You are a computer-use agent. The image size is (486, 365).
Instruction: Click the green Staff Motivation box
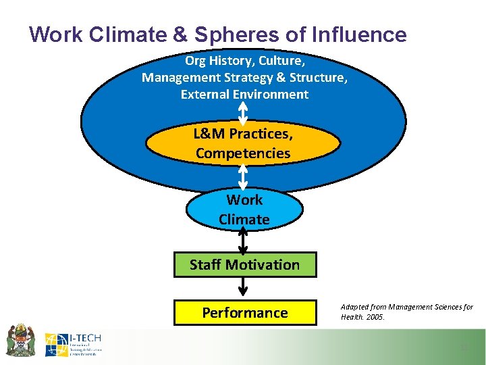click(x=244, y=264)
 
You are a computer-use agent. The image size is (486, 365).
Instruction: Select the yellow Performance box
click(x=244, y=312)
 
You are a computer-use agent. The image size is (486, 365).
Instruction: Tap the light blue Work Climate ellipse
click(x=244, y=210)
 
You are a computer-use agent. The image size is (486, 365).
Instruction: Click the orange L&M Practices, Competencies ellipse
click(x=243, y=143)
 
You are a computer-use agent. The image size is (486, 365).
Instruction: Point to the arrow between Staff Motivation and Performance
click(x=244, y=288)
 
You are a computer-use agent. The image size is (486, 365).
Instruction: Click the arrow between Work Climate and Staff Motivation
click(x=244, y=240)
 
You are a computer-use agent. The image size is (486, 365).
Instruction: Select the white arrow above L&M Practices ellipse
click(x=244, y=114)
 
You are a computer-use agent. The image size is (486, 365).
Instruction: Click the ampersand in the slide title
click(x=157, y=34)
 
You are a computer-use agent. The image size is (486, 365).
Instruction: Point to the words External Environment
click(x=244, y=95)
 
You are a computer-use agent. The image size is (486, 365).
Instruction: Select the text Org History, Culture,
click(x=244, y=60)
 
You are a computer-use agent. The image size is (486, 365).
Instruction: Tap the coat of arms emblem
click(x=20, y=341)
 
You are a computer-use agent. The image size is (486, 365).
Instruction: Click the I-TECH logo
click(x=72, y=344)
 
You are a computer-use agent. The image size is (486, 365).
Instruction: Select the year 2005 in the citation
click(x=375, y=317)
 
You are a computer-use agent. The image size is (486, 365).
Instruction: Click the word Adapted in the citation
click(x=355, y=307)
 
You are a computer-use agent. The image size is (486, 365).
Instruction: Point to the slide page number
click(x=464, y=347)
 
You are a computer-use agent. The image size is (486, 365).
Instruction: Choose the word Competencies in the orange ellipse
click(x=243, y=153)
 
